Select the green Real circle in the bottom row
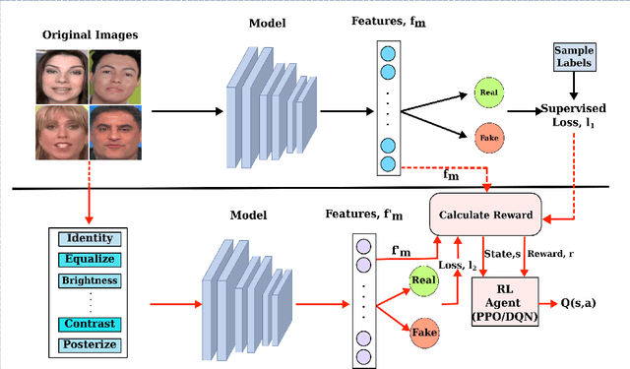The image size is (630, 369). (x=423, y=281)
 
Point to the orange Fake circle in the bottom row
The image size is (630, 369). (x=423, y=334)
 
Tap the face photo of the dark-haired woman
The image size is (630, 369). (x=63, y=77)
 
